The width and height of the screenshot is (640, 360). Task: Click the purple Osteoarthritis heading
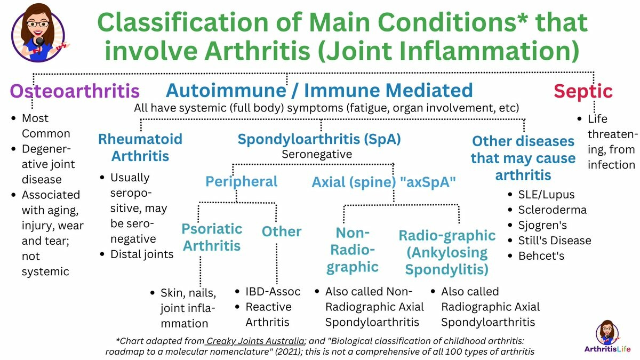[75, 91]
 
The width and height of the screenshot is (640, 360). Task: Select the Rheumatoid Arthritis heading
[140, 147]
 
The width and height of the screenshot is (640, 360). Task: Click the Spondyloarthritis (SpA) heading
[319, 140]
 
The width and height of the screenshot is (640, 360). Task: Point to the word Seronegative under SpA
[317, 154]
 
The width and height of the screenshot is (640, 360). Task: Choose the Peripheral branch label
[242, 182]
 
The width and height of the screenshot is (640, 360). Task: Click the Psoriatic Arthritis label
[212, 237]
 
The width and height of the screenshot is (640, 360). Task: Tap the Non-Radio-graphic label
[353, 250]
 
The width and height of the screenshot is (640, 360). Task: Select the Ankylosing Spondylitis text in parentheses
[446, 261]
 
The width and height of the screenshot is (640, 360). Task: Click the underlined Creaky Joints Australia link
[255, 341]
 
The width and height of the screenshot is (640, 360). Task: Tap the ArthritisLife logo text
[607, 349]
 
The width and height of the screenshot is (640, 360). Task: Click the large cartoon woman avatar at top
[38, 33]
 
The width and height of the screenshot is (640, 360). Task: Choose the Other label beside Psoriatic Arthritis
[282, 231]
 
